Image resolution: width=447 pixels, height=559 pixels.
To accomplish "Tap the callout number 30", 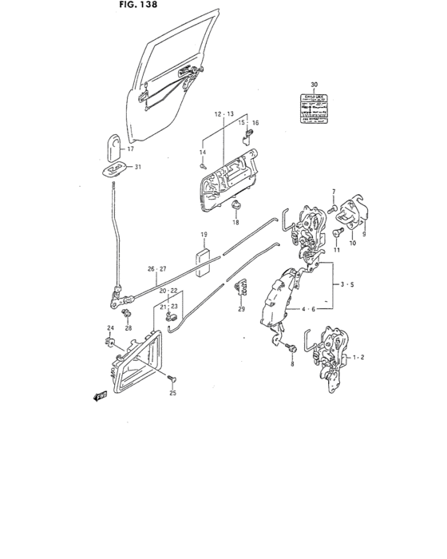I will [x=314, y=85].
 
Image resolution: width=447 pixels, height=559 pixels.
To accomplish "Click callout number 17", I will [x=131, y=149].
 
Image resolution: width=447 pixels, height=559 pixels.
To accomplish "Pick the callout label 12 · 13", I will [x=223, y=114].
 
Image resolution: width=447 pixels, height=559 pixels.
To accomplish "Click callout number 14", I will [x=203, y=153].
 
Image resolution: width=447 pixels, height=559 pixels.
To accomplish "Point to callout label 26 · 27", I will [x=156, y=269].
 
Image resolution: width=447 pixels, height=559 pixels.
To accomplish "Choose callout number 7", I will [x=335, y=191].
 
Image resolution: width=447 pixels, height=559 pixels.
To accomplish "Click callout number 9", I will [x=363, y=236].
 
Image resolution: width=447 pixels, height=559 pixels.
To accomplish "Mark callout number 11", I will [x=337, y=251].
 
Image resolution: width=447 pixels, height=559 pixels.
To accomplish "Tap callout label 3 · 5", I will [x=346, y=283].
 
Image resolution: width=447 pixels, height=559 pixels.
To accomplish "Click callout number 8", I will [x=292, y=364].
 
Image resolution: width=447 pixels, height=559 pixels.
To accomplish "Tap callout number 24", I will [x=110, y=329].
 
